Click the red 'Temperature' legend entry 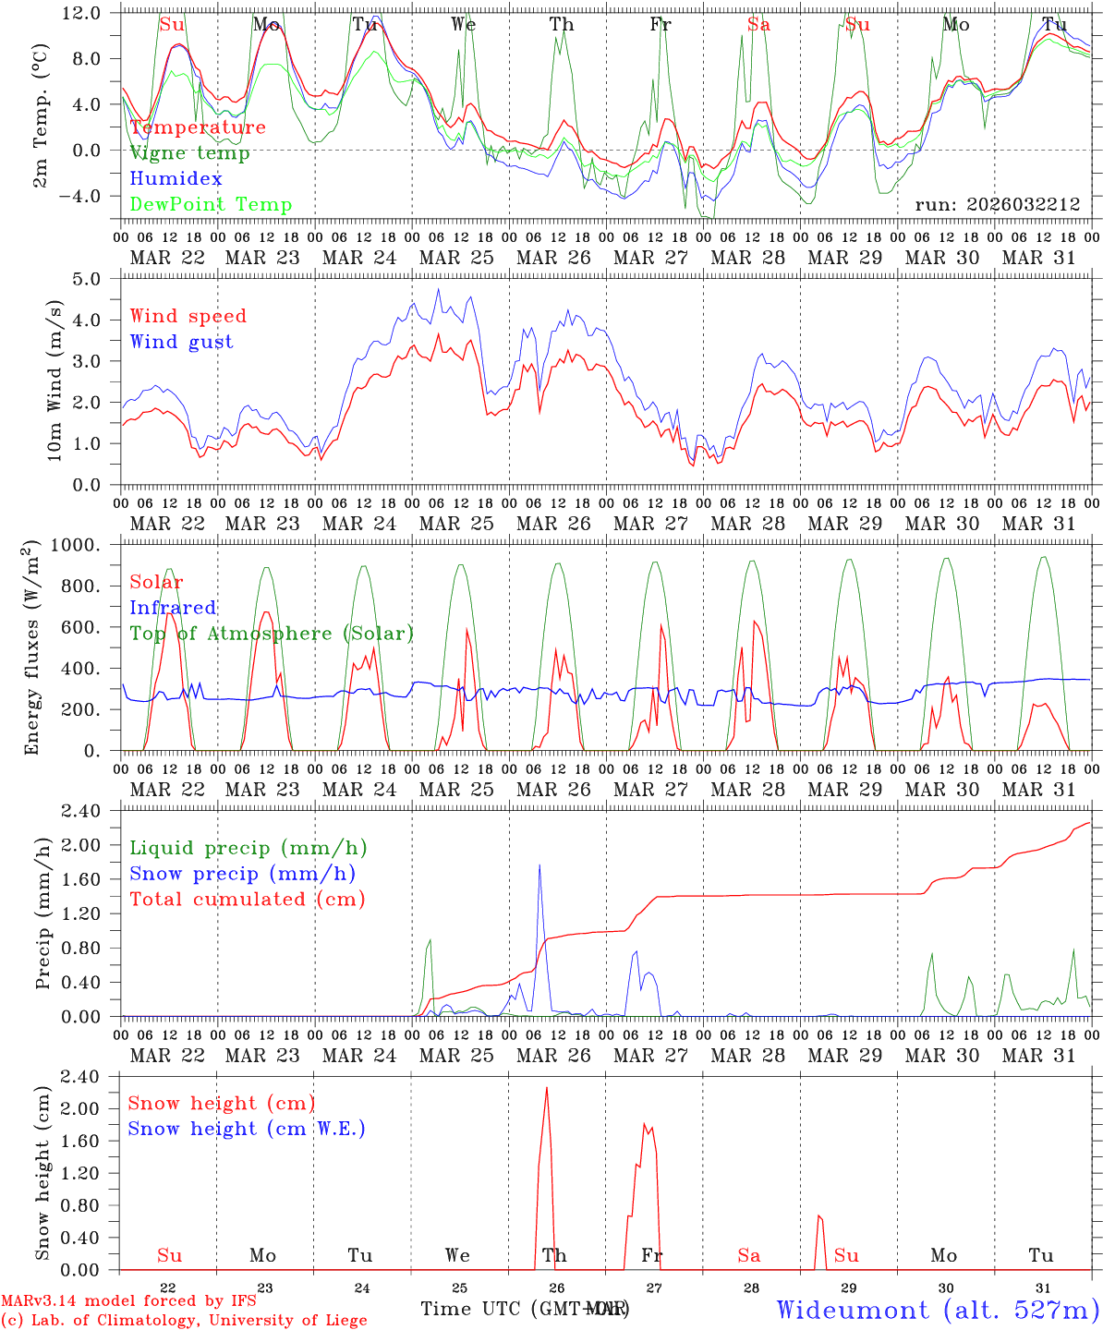click(x=198, y=127)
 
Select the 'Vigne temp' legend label click(x=189, y=153)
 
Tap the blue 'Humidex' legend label click(x=176, y=179)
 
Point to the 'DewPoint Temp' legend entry click(x=211, y=205)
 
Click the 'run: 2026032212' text click(x=997, y=205)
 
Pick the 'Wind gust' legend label click(x=181, y=342)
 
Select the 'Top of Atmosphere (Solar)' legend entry click(x=271, y=634)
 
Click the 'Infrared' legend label click(x=173, y=608)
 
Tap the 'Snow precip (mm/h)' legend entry click(x=242, y=874)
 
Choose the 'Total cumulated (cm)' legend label click(x=247, y=900)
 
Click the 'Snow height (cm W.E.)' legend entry click(x=246, y=1129)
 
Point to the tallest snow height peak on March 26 click(x=546, y=1088)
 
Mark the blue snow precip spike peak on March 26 click(x=539, y=865)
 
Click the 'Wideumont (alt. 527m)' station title click(x=937, y=1310)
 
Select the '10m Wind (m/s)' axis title click(x=55, y=381)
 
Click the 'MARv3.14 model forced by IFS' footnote click(x=128, y=1301)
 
